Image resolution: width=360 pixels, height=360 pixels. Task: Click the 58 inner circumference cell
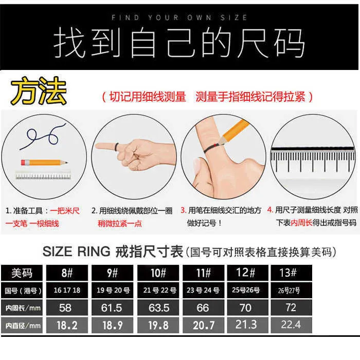(67, 308)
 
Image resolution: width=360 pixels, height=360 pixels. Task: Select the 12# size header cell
(247, 273)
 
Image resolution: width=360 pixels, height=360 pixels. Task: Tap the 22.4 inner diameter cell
(291, 325)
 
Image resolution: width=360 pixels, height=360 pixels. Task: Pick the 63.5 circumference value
(158, 308)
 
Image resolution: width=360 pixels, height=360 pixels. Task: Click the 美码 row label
(22, 273)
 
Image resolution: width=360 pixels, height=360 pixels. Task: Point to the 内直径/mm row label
(22, 325)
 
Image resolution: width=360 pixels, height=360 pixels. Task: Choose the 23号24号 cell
(203, 290)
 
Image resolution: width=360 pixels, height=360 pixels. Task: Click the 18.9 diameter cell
(112, 325)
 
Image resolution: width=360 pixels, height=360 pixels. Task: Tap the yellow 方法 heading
(39, 91)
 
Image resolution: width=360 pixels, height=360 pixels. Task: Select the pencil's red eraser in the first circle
(23, 163)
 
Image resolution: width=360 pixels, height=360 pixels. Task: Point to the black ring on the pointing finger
(117, 147)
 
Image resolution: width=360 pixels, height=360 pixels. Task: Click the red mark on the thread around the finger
(215, 145)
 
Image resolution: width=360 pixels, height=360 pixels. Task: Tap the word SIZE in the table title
(58, 251)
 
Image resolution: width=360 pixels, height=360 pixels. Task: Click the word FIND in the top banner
(125, 17)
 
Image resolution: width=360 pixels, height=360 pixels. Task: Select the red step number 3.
(183, 210)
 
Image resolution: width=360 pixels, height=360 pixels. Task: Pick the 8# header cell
(67, 273)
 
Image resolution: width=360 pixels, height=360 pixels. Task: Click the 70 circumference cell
(247, 308)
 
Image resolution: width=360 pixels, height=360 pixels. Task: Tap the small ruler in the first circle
(43, 175)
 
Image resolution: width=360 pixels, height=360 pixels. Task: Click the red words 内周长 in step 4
(301, 223)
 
